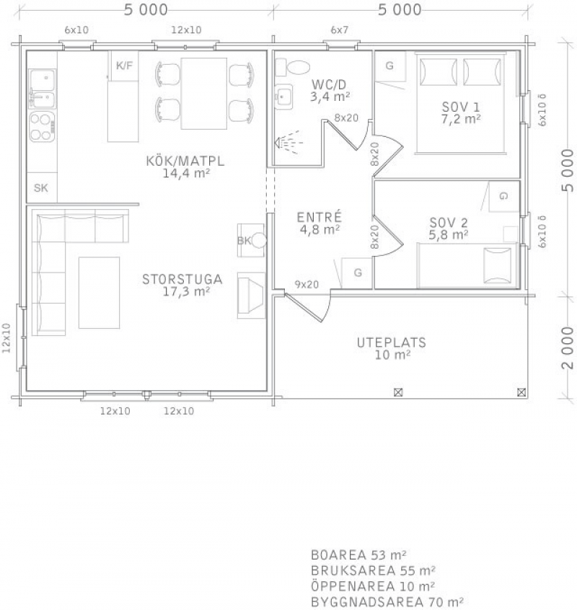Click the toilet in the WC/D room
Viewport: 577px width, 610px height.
pyautogui.click(x=292, y=67)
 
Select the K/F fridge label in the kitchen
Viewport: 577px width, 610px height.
pyautogui.click(x=125, y=66)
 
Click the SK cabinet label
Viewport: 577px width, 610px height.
pyautogui.click(x=41, y=188)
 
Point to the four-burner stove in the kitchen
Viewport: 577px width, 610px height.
pyautogui.click(x=42, y=126)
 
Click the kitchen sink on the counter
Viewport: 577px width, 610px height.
pyautogui.click(x=42, y=89)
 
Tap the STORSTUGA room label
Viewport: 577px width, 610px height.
pyautogui.click(x=182, y=279)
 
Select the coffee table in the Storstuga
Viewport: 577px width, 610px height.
pyautogui.click(x=100, y=293)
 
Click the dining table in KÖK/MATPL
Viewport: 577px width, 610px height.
pyautogui.click(x=204, y=93)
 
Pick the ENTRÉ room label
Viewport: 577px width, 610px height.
pyautogui.click(x=320, y=217)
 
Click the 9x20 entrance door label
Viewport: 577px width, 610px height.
pyautogui.click(x=307, y=285)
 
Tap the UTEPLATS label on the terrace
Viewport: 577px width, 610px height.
pyautogui.click(x=392, y=342)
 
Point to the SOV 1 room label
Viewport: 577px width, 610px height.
pyautogui.click(x=461, y=107)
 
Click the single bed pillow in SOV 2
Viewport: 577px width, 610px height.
pyautogui.click(x=497, y=266)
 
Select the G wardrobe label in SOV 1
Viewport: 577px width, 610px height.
pyautogui.click(x=389, y=66)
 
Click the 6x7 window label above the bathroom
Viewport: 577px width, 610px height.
pyautogui.click(x=339, y=30)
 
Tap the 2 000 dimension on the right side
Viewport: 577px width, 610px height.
pyautogui.click(x=568, y=348)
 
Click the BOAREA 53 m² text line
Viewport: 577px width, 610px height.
pyautogui.click(x=358, y=554)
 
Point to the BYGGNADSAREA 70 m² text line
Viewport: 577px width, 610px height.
pyautogui.click(x=387, y=602)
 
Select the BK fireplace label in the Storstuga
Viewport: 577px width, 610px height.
pyautogui.click(x=244, y=241)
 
